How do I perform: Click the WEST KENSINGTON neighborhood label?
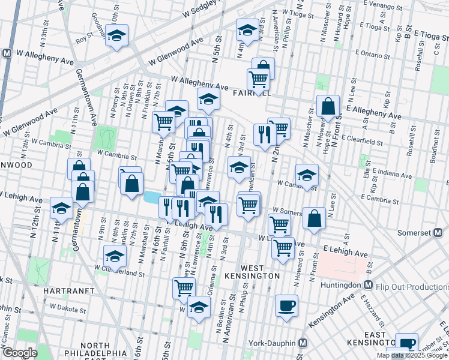260,271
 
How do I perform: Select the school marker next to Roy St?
118,36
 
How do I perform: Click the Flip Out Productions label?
412,287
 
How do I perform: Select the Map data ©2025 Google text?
412,355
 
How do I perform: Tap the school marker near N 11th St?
62,208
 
